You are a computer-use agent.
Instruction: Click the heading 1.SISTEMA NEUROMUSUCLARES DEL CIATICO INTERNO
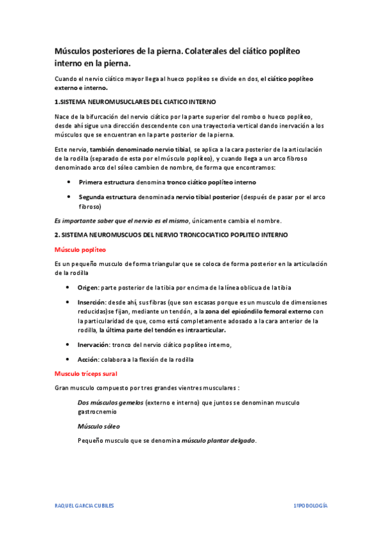(x=135, y=102)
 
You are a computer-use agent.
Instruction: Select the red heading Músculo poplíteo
(x=80, y=249)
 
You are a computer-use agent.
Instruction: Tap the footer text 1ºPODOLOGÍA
(x=311, y=505)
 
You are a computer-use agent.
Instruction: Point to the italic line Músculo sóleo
(x=98, y=426)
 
